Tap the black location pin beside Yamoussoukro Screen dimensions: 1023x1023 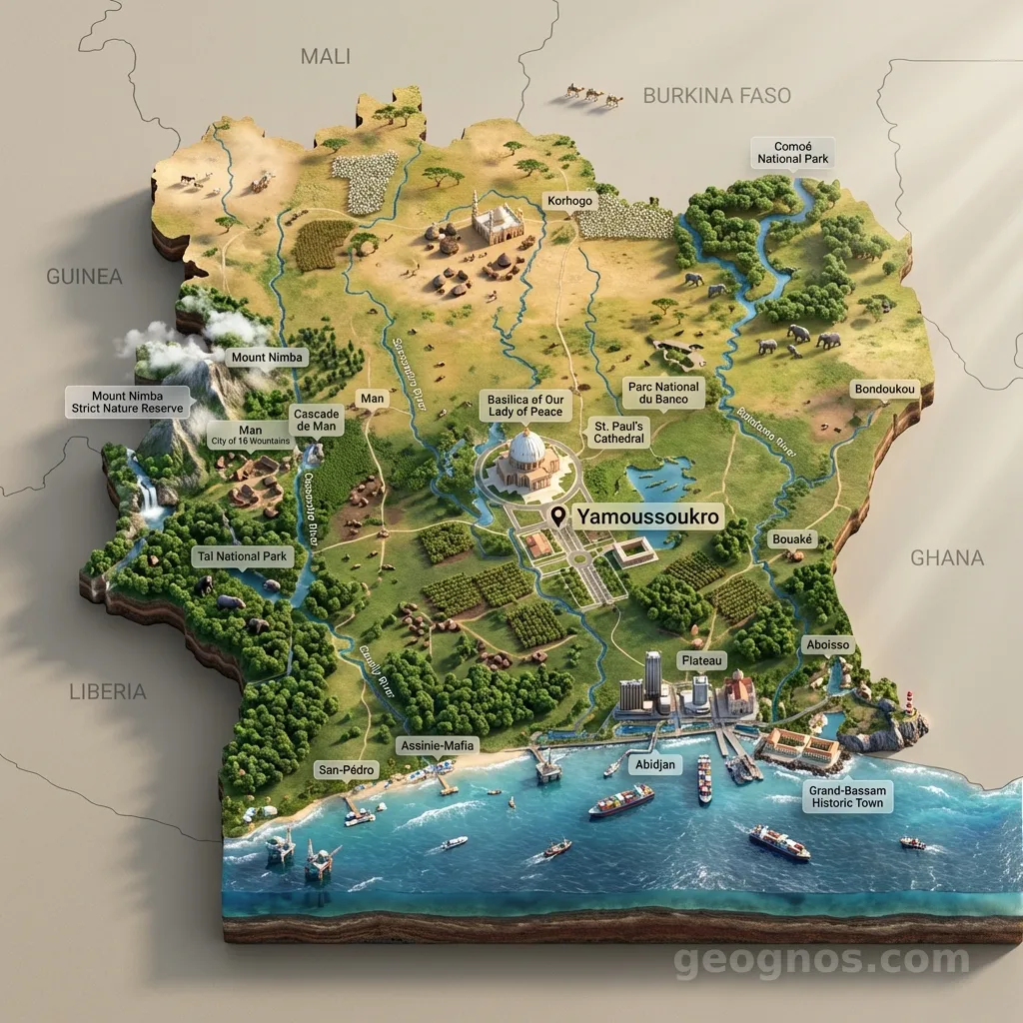tap(557, 515)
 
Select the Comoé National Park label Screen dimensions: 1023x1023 tap(792, 152)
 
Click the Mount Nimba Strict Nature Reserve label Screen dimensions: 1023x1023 tap(127, 403)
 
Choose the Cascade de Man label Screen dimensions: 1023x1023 tap(317, 420)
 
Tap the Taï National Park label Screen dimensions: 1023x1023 tap(241, 556)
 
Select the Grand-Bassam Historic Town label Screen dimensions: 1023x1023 tap(848, 796)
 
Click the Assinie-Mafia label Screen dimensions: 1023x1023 tap(438, 745)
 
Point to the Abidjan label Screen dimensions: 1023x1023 tap(656, 764)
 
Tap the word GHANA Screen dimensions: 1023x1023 tap(946, 557)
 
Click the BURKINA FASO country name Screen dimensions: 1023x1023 tap(716, 96)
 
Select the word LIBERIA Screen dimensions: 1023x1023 tap(108, 690)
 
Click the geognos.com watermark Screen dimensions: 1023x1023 tap(821, 961)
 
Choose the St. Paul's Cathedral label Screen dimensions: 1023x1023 tap(619, 432)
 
